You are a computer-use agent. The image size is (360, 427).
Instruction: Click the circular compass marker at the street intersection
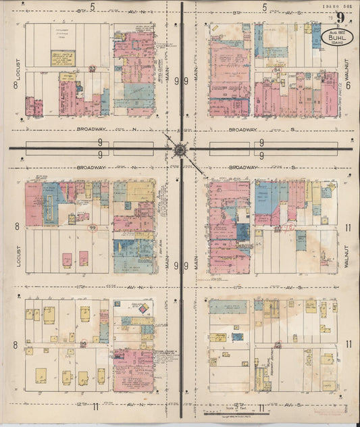pos(180,149)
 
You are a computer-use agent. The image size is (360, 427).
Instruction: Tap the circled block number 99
pos(92,228)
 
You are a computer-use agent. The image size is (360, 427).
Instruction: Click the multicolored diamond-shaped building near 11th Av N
pos(142,309)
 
